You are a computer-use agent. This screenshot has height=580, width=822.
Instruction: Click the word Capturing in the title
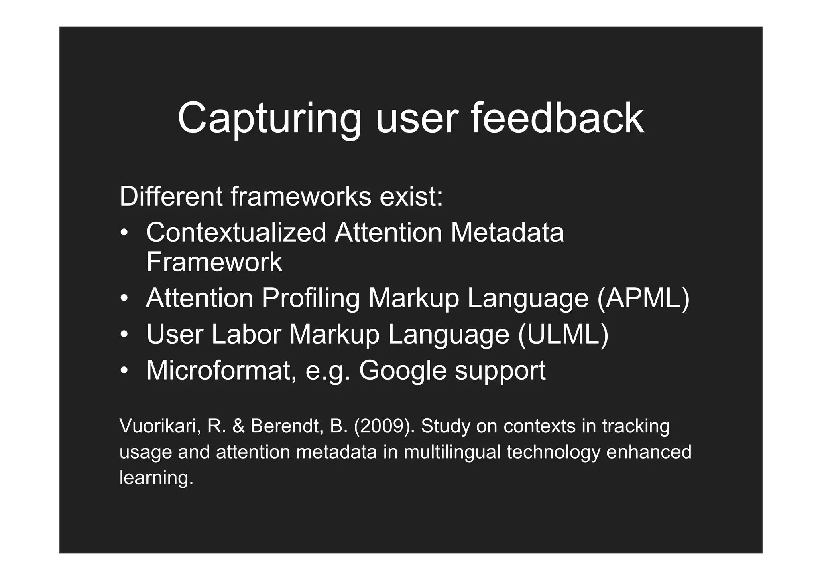coord(269,119)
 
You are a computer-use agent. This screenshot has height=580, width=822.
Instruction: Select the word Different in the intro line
coord(171,197)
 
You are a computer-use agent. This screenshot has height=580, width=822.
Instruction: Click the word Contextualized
coord(236,233)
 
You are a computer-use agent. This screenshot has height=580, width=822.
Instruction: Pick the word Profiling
coord(310,299)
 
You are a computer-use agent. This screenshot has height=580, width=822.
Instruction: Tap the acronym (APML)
coord(643,299)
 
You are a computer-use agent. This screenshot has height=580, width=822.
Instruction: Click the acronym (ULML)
coord(563,334)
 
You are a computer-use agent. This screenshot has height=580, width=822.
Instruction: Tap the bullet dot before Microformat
coord(125,371)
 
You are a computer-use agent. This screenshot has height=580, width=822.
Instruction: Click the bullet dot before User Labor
coord(125,335)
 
